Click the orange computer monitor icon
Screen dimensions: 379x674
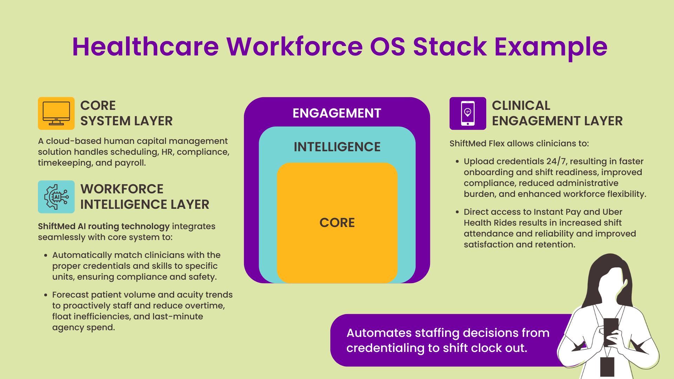point(56,113)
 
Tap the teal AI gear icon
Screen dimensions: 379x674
point(56,197)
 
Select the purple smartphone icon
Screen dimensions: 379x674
point(468,113)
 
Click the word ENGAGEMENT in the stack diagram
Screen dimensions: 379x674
point(337,113)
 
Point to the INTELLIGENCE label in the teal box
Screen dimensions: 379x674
point(337,147)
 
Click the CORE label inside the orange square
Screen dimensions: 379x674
point(337,223)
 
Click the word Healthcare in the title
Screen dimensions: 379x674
point(145,47)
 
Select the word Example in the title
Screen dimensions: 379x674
point(550,47)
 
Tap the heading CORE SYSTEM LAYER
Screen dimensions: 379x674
point(126,113)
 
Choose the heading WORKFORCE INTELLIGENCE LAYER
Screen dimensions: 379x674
point(144,197)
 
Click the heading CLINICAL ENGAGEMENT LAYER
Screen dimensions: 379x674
point(557,113)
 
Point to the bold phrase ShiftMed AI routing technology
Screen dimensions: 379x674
point(104,226)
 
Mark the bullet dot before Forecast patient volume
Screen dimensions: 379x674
point(46,295)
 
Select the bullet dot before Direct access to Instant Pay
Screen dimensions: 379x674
point(457,212)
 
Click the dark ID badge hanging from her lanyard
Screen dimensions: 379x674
point(607,366)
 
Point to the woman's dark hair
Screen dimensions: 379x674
point(597,277)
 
